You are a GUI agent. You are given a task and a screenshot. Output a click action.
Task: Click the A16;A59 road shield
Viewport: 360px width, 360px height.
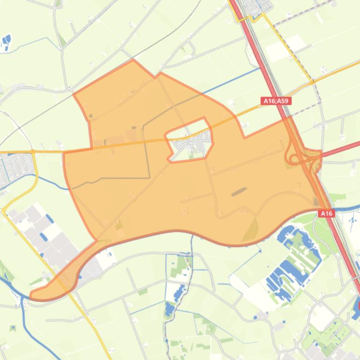(x=276, y=101)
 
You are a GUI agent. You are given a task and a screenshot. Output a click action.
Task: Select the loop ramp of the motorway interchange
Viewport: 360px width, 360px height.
(x=293, y=158)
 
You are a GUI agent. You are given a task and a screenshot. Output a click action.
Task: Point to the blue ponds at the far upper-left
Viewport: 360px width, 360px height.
(x=6, y=43)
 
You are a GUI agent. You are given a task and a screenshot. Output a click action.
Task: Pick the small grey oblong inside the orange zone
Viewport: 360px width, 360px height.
(x=239, y=191)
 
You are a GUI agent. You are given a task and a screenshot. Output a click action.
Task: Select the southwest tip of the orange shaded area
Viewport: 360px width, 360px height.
(x=32, y=296)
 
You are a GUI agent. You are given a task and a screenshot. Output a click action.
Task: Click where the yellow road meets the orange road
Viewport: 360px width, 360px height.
(x=312, y=82)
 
